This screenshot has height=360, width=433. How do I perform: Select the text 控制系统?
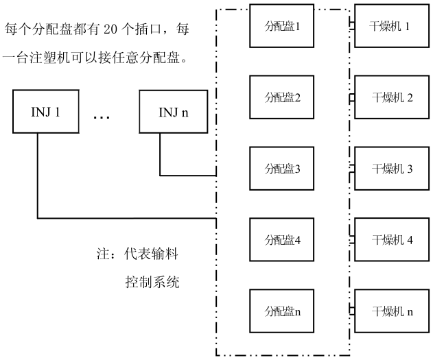tap(152, 282)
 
